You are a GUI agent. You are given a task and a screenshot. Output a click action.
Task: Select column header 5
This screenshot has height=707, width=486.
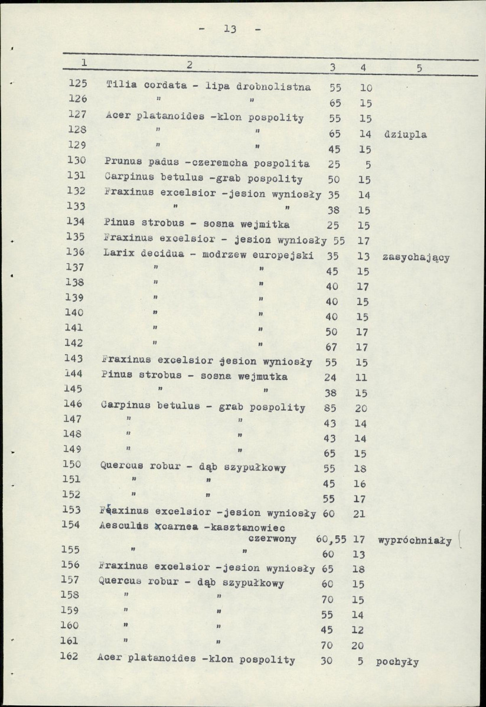419,68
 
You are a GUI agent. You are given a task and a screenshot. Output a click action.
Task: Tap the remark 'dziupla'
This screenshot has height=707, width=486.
405,135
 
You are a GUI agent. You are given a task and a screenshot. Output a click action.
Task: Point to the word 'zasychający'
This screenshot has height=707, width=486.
416,257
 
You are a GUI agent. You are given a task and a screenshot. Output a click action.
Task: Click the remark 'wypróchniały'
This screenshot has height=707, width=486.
415,539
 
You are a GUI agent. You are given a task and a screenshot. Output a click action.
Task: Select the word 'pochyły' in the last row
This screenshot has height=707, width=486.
397,662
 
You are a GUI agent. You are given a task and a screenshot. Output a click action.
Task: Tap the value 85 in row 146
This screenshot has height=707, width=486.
330,408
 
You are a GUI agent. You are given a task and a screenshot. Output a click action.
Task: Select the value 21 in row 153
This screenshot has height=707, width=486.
360,513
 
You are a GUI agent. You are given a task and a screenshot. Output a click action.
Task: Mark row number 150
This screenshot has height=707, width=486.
78,464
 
